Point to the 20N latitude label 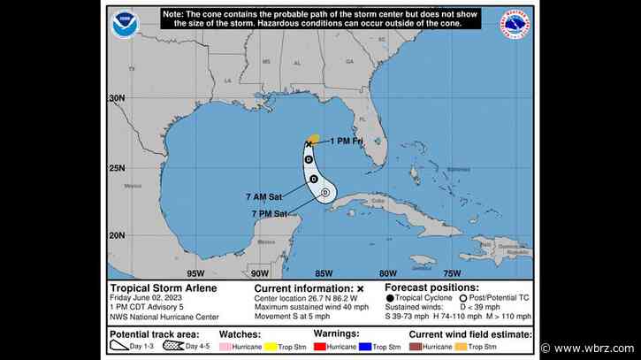click(x=117, y=234)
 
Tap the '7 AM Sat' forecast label click(x=276, y=196)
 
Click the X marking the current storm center click(x=309, y=143)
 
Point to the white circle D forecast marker click(x=324, y=191)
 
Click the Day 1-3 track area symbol click(x=121, y=346)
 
